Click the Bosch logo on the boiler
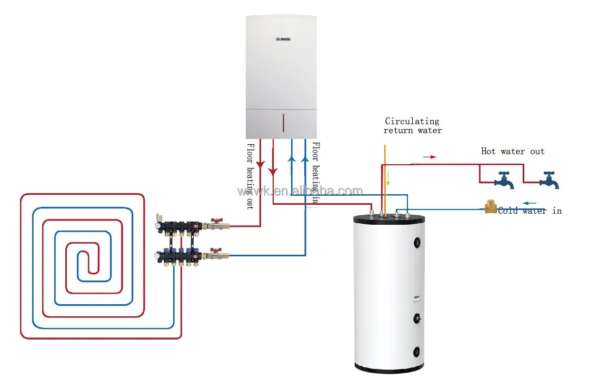[283, 39]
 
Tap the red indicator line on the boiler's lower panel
[283, 123]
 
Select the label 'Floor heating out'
[251, 176]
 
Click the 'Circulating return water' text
[412, 126]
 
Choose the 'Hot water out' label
[513, 152]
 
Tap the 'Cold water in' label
[530, 211]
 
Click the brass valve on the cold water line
[491, 207]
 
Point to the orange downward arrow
[388, 179]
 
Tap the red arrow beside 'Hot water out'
[430, 157]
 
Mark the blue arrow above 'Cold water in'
[530, 203]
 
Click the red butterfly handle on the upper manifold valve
[215, 222]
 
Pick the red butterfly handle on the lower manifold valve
[215, 251]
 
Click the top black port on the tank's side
[418, 243]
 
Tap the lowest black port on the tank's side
[418, 351]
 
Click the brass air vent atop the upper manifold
[159, 217]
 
